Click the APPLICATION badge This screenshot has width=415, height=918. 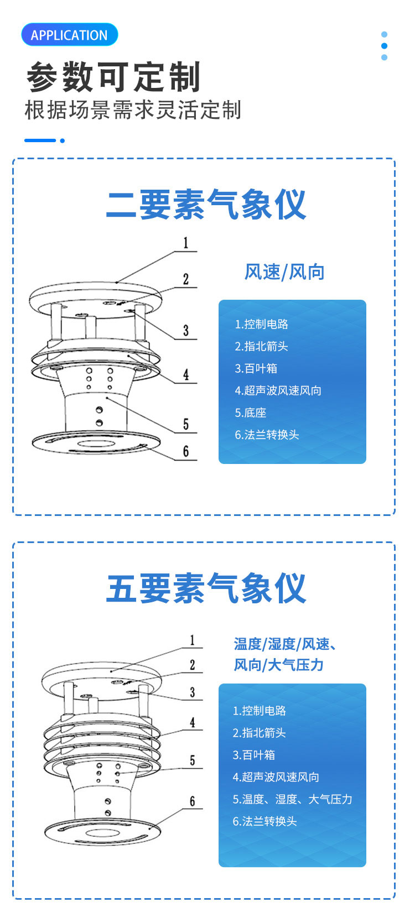[69, 35]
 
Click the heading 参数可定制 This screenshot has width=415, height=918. [113, 77]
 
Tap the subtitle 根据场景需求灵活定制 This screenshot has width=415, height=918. [133, 110]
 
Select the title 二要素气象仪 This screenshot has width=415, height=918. [206, 204]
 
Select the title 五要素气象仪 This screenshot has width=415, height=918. [206, 588]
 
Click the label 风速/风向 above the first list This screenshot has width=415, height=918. [284, 272]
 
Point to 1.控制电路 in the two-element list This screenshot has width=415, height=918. [261, 324]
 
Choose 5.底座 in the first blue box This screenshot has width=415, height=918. [250, 413]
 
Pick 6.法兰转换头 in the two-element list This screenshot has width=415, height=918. [267, 435]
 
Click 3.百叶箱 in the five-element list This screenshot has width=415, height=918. [253, 755]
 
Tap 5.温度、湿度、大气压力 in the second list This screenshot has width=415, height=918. [292, 799]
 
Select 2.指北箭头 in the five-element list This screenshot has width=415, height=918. [259, 733]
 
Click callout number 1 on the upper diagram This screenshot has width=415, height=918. [186, 243]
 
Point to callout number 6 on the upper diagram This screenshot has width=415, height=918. [186, 452]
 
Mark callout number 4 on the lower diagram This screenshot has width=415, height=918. [193, 723]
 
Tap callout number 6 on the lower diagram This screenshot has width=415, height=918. [193, 801]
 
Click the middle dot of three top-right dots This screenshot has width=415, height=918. [384, 46]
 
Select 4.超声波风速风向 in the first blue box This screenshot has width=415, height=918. [278, 390]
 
